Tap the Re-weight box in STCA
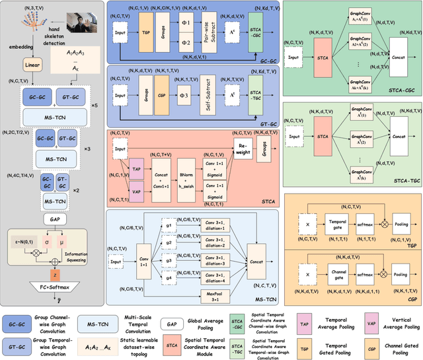(x=243, y=144)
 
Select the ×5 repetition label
(x=95, y=106)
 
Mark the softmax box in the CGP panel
(x=365, y=270)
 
